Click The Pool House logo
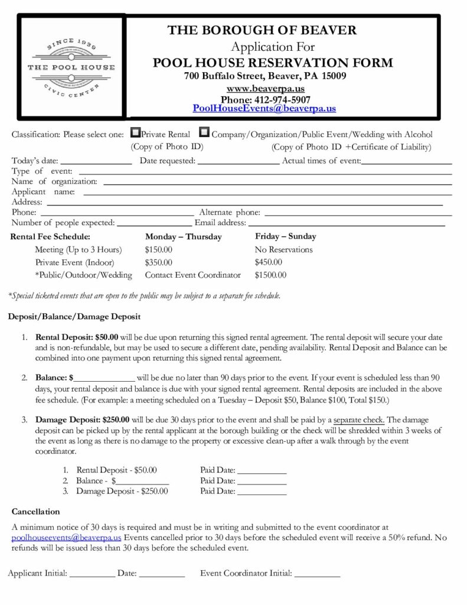pyautogui.click(x=71, y=67)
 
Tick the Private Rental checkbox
pyautogui.click(x=135, y=134)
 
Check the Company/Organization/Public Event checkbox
pyautogui.click(x=204, y=134)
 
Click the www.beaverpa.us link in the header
pyautogui.click(x=265, y=88)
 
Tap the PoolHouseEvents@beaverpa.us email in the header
pyautogui.click(x=264, y=109)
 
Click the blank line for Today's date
pyautogui.click(x=96, y=161)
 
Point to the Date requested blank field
pyautogui.click(x=238, y=161)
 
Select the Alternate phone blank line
pyautogui.click(x=358, y=213)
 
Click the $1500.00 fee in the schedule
pyautogui.click(x=270, y=275)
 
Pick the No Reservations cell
pyautogui.click(x=283, y=249)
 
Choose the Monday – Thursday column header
pyautogui.click(x=183, y=236)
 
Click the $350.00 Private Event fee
pyautogui.click(x=159, y=262)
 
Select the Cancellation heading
pyautogui.click(x=36, y=511)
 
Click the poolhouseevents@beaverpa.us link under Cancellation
pyautogui.click(x=67, y=538)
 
